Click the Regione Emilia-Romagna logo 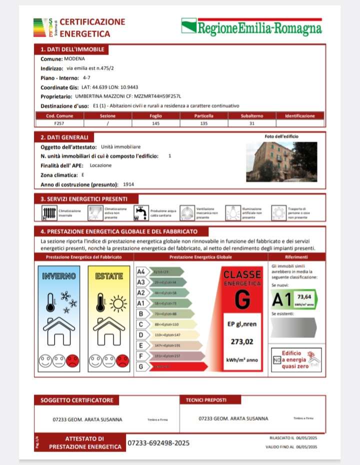pos(251,26)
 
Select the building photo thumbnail pos(281,161)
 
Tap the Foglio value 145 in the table pos(155,122)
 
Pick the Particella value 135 pos(203,122)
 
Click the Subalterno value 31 pos(251,122)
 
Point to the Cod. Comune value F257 pos(59,122)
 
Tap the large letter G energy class pos(242,299)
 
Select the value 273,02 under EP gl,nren pos(242,342)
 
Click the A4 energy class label pos(141,271)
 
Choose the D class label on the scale pos(141,334)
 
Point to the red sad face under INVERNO pos(73,360)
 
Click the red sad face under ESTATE pos(122,360)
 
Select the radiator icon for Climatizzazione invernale pos(49,213)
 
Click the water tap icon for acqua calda pos(140,213)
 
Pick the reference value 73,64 pos(304,296)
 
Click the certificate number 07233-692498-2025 pos(158,443)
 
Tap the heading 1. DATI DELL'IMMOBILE pos(72,49)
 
